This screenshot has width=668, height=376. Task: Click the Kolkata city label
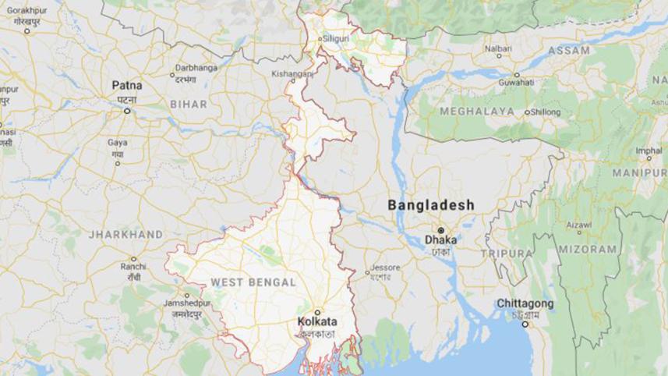coord(317,321)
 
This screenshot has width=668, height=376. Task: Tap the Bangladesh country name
coord(431,204)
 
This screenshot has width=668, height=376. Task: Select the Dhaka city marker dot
coord(440,230)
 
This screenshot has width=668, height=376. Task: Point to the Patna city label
coord(126,84)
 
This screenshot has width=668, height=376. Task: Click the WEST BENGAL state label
coord(253,282)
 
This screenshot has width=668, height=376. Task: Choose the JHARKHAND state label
coord(125,234)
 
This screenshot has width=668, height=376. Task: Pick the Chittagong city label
coord(527,303)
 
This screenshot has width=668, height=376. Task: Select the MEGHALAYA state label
coord(476,112)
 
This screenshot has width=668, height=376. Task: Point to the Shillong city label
coord(546,112)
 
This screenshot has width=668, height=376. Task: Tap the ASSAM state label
coord(568,51)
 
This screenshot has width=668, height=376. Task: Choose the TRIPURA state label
coord(507,254)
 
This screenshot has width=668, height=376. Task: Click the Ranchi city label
coord(133,267)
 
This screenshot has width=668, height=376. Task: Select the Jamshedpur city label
coord(183,302)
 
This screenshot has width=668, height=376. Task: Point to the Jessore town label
coord(385,267)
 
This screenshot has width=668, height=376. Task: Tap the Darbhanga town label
coord(195,68)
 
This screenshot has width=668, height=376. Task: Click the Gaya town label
coord(118,143)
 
